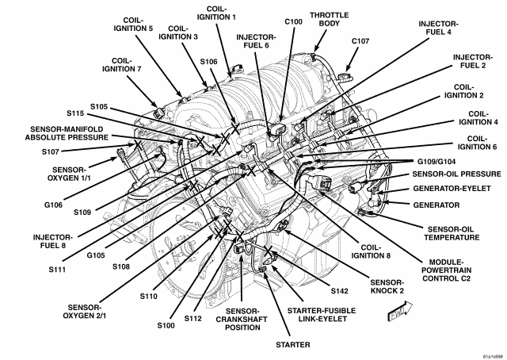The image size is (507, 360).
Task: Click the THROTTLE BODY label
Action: point(330,19)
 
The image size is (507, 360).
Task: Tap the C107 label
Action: point(360,41)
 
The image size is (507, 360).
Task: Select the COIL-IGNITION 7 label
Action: point(121,65)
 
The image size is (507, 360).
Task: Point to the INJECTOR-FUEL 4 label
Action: point(438,28)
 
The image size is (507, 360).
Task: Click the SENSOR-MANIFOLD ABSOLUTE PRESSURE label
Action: point(67,133)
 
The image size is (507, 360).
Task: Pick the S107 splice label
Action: point(51,151)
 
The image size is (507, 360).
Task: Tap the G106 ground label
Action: point(53,205)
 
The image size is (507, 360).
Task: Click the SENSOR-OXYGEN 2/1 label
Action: point(85,312)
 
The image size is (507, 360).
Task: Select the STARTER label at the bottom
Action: point(293,345)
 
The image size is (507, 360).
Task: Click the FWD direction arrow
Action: point(400,311)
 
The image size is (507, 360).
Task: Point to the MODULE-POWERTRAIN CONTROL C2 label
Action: point(447,270)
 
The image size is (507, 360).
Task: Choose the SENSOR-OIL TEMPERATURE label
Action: point(452,233)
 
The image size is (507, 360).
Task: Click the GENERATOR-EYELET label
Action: point(452,189)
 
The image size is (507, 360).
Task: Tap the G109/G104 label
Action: point(436,162)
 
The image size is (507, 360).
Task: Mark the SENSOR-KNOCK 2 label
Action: point(387,287)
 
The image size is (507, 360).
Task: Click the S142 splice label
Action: point(340,291)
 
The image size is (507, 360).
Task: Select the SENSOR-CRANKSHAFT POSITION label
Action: point(242,320)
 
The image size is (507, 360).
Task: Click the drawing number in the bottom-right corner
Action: point(494,357)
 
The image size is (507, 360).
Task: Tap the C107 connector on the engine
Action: point(345,77)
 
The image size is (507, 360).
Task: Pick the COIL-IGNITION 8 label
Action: point(371,251)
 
